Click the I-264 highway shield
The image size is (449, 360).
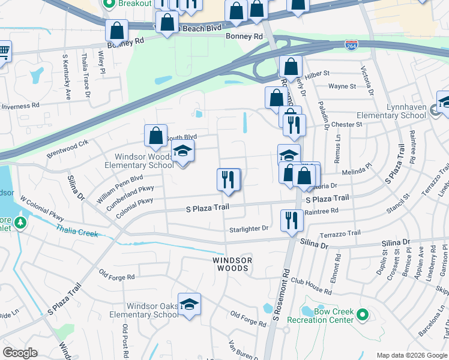coord(352,46)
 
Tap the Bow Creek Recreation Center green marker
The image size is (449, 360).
coord(362,314)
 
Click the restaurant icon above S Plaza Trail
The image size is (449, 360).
coord(228,179)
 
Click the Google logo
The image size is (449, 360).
coord(20,353)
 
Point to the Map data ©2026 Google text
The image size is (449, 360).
coord(412,355)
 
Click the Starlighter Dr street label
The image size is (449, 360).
coord(249,229)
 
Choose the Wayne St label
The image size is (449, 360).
coord(342,86)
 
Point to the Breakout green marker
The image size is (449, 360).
coord(109,4)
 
